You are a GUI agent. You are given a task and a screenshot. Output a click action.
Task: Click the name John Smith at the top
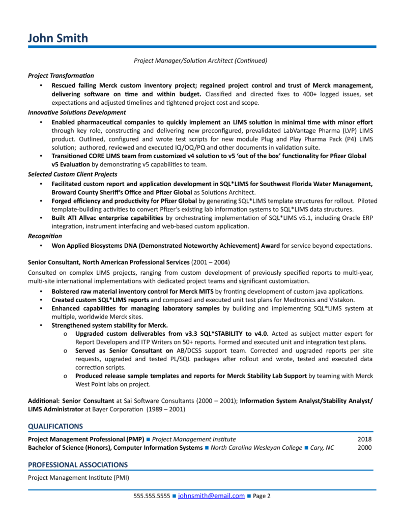point(58,38)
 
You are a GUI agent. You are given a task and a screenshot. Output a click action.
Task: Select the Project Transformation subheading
point(61,75)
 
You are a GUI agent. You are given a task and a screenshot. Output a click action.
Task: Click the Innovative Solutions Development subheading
point(77,112)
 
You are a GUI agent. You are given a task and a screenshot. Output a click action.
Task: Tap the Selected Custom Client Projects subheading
point(72,174)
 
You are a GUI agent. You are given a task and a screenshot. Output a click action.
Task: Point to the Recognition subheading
point(45,236)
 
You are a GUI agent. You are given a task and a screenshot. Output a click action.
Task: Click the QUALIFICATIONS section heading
point(55,426)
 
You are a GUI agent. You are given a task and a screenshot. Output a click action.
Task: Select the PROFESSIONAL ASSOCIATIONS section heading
point(77,465)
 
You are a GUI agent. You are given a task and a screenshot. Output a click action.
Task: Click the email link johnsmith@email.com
point(211,496)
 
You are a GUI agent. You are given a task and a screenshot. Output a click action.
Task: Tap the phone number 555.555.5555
point(152,496)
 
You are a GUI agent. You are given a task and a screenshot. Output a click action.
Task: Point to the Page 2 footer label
point(262,496)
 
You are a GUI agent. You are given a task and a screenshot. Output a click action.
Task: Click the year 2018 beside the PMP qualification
point(364,439)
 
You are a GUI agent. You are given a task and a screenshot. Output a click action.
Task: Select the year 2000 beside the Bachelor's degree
point(364,448)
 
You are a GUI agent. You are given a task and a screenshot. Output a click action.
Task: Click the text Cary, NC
point(322,448)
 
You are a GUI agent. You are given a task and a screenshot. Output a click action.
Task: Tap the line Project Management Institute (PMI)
point(78,478)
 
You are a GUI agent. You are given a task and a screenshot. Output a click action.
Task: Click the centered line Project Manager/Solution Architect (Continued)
point(200,61)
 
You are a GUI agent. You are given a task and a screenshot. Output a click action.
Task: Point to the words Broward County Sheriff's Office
point(99,193)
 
